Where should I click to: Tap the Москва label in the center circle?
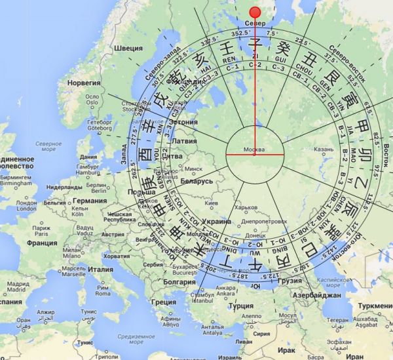pyautogui.click(x=254, y=149)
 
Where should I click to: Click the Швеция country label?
pyautogui.click(x=128, y=49)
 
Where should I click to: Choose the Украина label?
pyautogui.click(x=217, y=222)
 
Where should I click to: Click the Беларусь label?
pyautogui.click(x=195, y=179)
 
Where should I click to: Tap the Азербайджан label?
pyautogui.click(x=318, y=296)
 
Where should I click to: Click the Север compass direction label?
pyautogui.click(x=255, y=24)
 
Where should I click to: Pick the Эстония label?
pyautogui.click(x=183, y=122)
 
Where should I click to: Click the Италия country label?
pyautogui.click(x=100, y=269)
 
